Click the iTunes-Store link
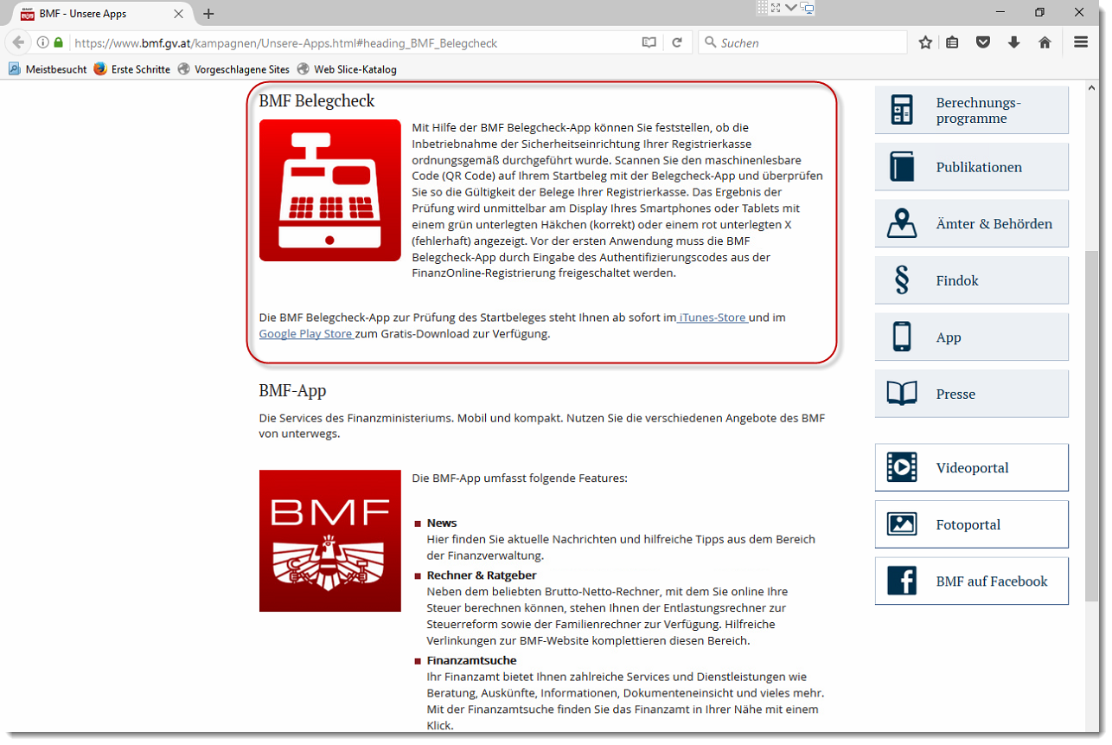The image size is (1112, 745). pyautogui.click(x=713, y=318)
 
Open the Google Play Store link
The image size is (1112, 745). pyautogui.click(x=306, y=334)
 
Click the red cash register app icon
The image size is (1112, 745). pyautogui.click(x=330, y=190)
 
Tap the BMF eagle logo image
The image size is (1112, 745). pyautogui.click(x=330, y=541)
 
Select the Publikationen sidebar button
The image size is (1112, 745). pyautogui.click(x=972, y=167)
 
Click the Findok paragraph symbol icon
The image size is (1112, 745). pyautogui.click(x=902, y=280)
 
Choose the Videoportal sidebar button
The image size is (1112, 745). pyautogui.click(x=972, y=467)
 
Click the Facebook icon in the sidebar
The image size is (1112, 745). pyautogui.click(x=902, y=581)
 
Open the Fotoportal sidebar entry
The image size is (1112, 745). pyautogui.click(x=972, y=524)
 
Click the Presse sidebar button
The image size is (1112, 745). pyautogui.click(x=972, y=394)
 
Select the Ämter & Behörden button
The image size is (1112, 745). pyautogui.click(x=972, y=223)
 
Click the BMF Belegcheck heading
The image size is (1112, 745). pyautogui.click(x=316, y=101)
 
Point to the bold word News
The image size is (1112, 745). pyautogui.click(x=442, y=523)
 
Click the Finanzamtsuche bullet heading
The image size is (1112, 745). pyautogui.click(x=471, y=660)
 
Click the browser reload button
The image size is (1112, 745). pyautogui.click(x=677, y=42)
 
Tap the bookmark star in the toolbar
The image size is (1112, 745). pyautogui.click(x=925, y=42)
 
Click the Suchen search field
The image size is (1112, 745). pyautogui.click(x=802, y=42)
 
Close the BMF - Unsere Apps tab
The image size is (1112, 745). pyautogui.click(x=179, y=14)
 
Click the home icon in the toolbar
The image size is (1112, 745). pyautogui.click(x=1045, y=42)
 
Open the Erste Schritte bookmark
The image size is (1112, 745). pyautogui.click(x=132, y=69)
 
